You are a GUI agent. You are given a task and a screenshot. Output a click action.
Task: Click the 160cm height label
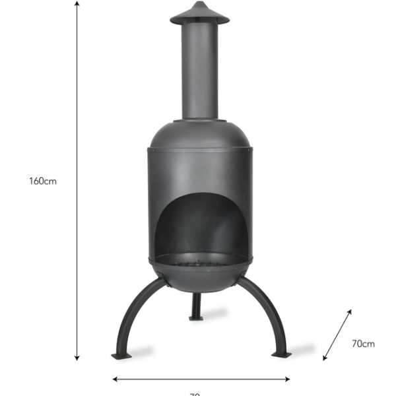point(43,181)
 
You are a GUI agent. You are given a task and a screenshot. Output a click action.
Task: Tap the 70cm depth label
point(363,343)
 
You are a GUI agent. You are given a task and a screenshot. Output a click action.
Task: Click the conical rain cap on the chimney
point(199,13)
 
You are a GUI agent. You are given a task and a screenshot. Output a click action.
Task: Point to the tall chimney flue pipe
point(199,73)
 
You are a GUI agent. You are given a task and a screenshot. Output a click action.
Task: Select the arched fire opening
point(199,224)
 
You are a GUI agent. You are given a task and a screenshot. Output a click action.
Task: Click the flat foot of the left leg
point(122,356)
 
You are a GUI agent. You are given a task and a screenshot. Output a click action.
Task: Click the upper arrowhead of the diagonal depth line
point(349,310)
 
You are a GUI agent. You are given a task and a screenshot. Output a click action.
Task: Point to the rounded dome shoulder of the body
point(199,135)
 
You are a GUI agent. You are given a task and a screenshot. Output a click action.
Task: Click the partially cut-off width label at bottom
point(195,393)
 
